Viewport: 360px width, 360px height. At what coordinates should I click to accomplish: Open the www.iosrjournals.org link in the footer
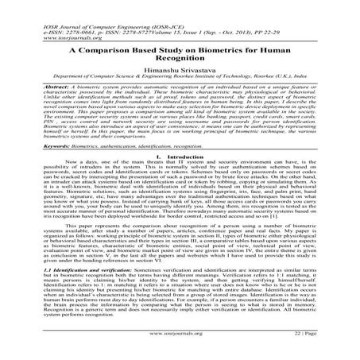180,346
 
